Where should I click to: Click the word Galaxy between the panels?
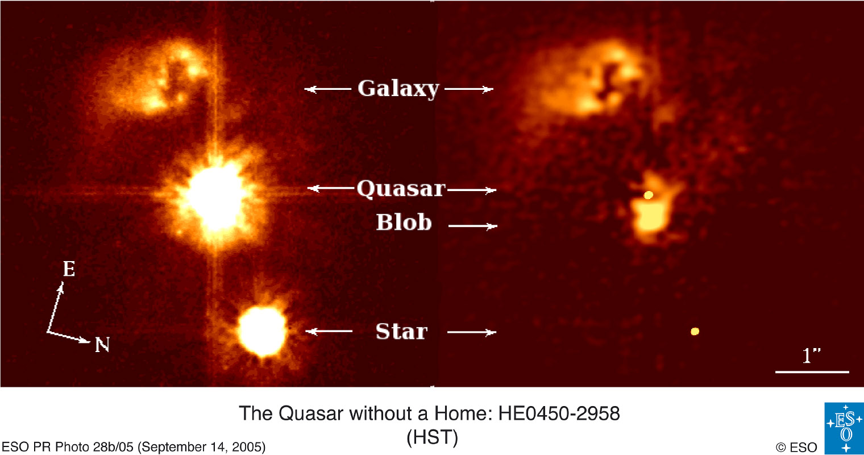pos(398,89)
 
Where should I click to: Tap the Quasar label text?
pos(401,189)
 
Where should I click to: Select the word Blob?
pos(404,222)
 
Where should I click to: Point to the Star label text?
pos(401,332)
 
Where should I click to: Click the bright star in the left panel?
pos(262,331)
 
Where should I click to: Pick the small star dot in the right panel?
pos(695,331)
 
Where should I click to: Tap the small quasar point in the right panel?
pos(649,195)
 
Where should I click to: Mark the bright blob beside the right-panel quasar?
pos(651,218)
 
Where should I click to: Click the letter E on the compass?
pos(69,269)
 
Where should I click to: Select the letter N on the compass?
pos(102,345)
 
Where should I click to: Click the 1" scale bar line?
pos(812,372)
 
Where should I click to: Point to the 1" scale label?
pos(811,355)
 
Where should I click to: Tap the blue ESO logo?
pos(844,428)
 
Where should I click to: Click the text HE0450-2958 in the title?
pos(559,413)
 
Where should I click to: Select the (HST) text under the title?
pos(433,437)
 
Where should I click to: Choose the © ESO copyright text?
pos(796,447)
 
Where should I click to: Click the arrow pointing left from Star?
pos(329,331)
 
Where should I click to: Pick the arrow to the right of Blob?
pos(473,226)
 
